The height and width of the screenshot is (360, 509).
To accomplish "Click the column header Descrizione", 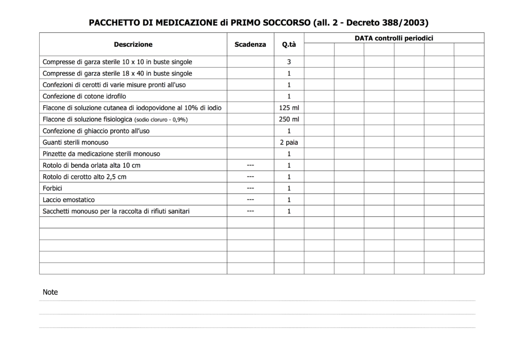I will [x=133, y=44].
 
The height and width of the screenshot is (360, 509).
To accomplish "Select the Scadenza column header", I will [x=250, y=44].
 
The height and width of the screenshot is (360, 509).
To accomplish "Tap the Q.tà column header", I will [x=289, y=45].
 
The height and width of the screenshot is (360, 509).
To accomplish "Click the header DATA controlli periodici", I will [x=394, y=38].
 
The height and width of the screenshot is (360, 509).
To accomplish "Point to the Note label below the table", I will [x=50, y=292].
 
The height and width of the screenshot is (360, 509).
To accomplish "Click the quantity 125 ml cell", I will [x=289, y=108].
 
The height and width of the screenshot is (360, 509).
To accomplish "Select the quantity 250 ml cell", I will [x=289, y=119].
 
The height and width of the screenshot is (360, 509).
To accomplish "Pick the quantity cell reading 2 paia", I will [x=289, y=142].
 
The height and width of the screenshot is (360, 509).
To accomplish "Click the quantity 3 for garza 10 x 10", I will [x=289, y=62].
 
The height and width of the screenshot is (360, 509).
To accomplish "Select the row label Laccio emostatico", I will [x=69, y=200].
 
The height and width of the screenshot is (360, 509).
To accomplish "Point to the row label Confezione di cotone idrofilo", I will [x=84, y=96].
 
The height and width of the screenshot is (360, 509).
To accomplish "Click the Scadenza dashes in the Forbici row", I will [x=251, y=188].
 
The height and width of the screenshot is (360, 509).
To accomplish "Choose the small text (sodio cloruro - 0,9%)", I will [x=161, y=120].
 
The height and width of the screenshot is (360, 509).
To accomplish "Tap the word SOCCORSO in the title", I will [x=286, y=22].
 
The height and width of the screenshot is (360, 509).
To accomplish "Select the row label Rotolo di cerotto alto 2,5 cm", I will [x=85, y=177].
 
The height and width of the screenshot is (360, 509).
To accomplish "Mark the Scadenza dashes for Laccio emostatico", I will [x=251, y=200].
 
